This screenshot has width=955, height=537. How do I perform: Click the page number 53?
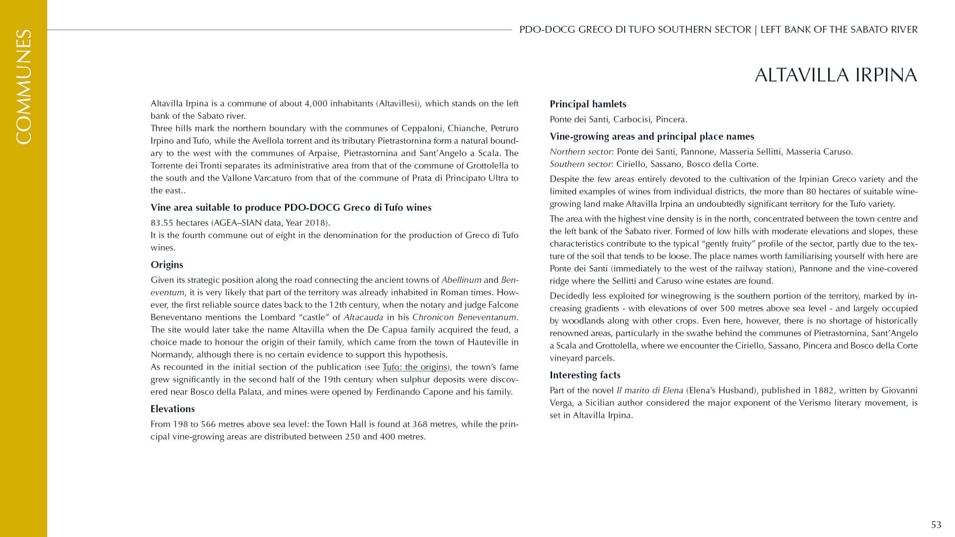click(936, 525)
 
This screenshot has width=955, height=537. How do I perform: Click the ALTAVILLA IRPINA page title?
click(836, 75)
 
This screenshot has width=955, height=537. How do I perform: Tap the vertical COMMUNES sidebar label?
click(23, 87)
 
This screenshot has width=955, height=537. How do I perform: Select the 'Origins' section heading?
click(167, 265)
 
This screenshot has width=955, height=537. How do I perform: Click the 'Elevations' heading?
click(173, 409)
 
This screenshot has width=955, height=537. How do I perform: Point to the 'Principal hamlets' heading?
click(587, 104)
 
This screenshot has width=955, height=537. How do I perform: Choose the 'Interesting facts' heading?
click(584, 375)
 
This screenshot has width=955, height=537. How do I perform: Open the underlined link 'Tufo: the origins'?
click(414, 367)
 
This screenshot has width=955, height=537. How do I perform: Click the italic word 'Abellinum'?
click(461, 280)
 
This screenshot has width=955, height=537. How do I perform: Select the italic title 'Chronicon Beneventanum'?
click(465, 317)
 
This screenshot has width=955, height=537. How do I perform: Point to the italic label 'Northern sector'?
click(580, 152)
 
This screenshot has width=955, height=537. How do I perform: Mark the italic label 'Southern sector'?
click(580, 164)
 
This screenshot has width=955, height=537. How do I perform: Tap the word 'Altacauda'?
click(363, 317)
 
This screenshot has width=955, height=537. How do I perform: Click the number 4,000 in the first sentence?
click(316, 103)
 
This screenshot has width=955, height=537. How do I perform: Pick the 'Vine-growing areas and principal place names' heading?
click(652, 136)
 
